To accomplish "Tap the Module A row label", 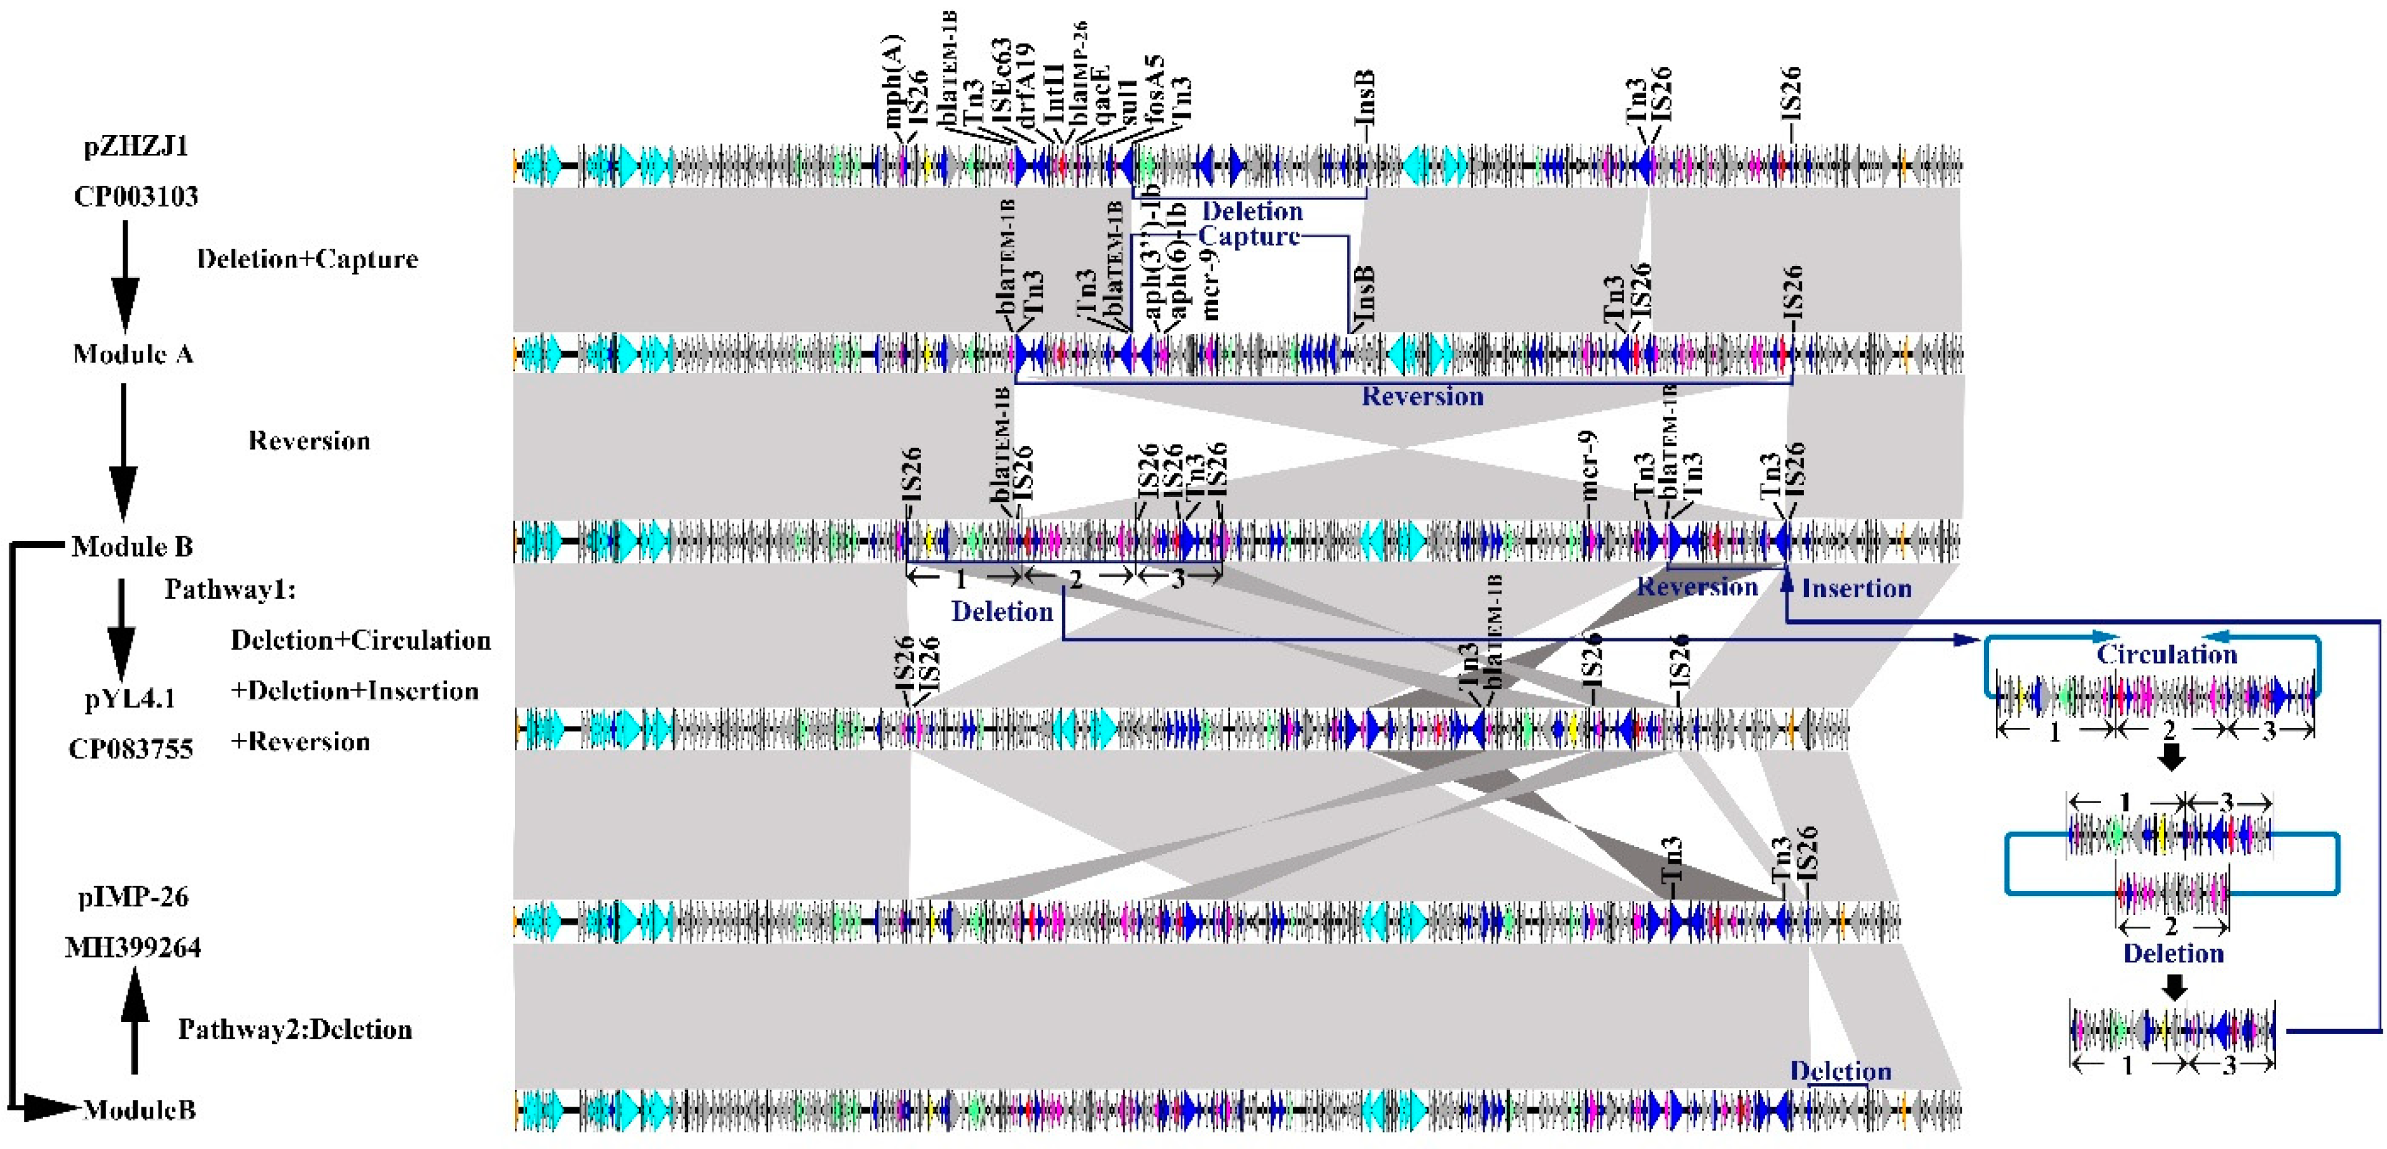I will [x=133, y=354].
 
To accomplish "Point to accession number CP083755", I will [x=131, y=749].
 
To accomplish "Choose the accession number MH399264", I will [x=133, y=947].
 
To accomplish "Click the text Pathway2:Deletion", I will [x=295, y=1029].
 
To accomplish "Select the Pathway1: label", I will [x=230, y=589].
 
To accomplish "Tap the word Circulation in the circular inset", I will [x=2167, y=654].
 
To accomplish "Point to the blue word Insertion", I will [x=1856, y=589].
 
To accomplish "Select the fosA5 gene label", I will [x=1154, y=93].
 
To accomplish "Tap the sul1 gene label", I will [x=1130, y=102].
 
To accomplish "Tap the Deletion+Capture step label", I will [x=307, y=258].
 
